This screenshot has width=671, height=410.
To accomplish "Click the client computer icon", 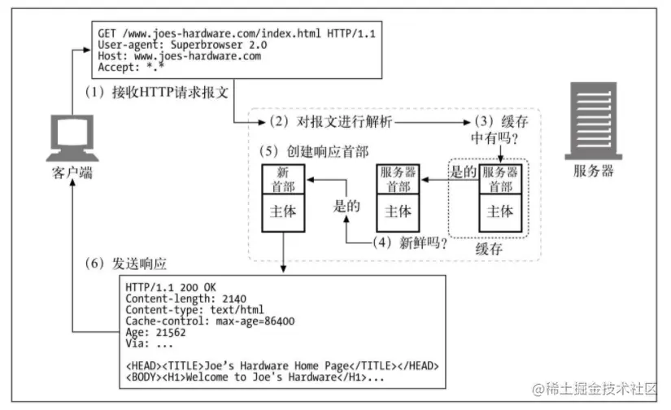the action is click(72, 137).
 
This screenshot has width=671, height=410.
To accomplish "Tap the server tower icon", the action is click(594, 121).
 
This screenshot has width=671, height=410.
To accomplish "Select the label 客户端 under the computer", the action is click(72, 173).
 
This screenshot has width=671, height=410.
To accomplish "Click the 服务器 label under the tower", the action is click(594, 171).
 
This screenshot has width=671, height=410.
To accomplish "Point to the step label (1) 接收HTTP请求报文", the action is click(157, 92).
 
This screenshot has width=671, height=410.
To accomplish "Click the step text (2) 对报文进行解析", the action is click(331, 121).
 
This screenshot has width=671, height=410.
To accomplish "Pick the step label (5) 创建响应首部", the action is click(314, 151).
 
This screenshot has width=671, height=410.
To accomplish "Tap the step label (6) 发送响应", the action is click(126, 264).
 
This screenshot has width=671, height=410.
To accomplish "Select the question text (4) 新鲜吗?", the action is click(410, 242).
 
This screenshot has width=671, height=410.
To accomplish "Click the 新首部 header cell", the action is click(283, 179).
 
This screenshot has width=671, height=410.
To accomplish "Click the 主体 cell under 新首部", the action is click(283, 212).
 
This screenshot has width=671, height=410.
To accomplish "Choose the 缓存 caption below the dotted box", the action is click(489, 249).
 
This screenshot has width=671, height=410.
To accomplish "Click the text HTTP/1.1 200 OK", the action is click(171, 287).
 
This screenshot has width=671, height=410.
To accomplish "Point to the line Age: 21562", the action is click(156, 332).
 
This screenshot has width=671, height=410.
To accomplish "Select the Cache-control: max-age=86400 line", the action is click(210, 321).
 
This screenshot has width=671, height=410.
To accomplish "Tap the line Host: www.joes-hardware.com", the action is click(179, 56).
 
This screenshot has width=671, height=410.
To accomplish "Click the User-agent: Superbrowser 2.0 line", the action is click(182, 45).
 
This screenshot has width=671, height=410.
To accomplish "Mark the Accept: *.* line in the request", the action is click(131, 68).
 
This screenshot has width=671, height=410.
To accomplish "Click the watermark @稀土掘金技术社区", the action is click(595, 389).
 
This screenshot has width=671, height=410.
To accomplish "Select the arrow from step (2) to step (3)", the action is click(433, 122).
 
